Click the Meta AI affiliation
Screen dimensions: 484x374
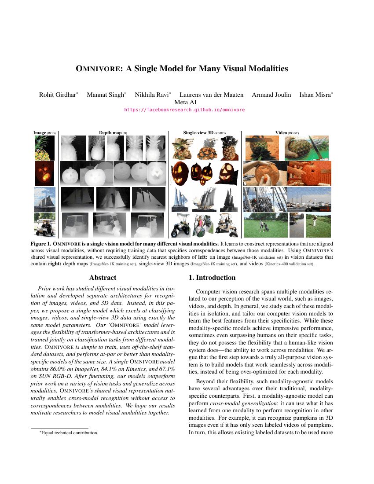(187, 102)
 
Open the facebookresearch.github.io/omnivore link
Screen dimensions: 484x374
(185, 110)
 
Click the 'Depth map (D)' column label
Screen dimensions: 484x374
(113, 132)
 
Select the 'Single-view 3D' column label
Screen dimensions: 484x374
(205, 132)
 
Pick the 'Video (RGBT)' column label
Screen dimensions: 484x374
(287, 132)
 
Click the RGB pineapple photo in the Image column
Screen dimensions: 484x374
(45, 148)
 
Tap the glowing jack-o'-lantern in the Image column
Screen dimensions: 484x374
(45, 173)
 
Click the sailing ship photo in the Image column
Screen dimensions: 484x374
(45, 199)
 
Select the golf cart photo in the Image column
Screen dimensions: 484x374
(45, 224)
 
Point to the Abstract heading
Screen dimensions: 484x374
(103, 278)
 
